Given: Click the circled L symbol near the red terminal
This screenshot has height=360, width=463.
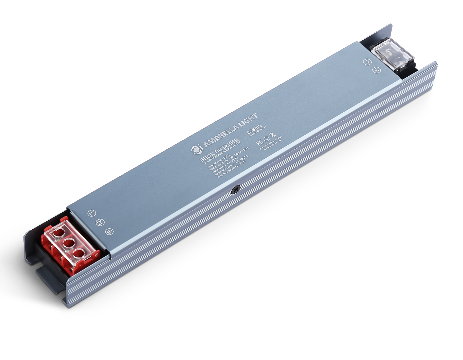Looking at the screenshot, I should [91, 213].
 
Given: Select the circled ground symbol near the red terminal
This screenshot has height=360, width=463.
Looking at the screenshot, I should [109, 231].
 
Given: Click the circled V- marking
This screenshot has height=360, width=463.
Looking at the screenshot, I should [367, 62].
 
